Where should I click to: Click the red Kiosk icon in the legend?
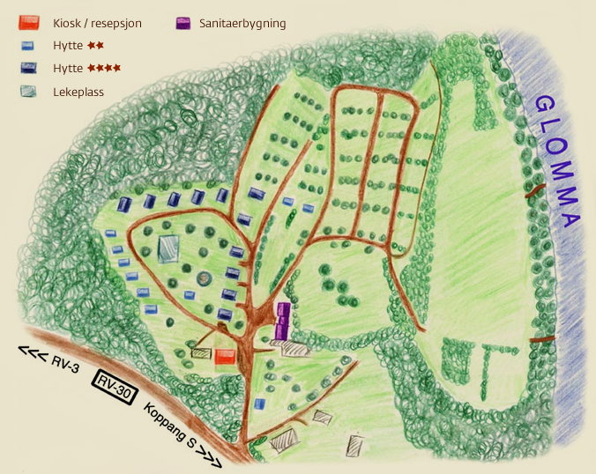click(x=29, y=23)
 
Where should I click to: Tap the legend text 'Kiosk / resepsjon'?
click(x=97, y=24)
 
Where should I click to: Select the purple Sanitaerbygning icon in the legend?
click(x=184, y=23)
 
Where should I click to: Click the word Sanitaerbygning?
click(x=243, y=24)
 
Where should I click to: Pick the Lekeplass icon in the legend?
click(x=29, y=91)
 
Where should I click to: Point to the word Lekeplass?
click(x=78, y=91)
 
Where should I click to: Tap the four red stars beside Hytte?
click(x=104, y=68)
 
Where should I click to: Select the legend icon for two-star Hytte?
click(x=28, y=45)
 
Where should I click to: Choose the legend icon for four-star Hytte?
click(x=28, y=68)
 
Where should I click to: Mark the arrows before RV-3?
click(x=32, y=352)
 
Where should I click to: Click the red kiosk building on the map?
click(x=226, y=356)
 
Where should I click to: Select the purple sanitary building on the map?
click(x=283, y=321)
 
